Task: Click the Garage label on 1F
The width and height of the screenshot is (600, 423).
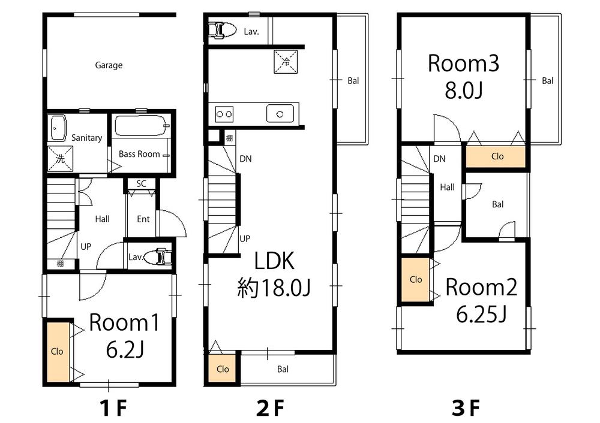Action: click(109, 65)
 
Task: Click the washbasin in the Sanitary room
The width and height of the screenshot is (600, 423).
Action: click(58, 126)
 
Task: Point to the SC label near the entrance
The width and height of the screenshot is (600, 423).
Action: click(142, 183)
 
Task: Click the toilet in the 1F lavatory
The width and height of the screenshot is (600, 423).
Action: click(161, 256)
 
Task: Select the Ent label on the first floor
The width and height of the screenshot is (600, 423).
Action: click(143, 219)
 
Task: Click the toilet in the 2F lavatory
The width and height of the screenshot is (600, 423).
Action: click(221, 31)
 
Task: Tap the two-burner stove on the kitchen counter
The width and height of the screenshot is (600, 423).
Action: click(224, 113)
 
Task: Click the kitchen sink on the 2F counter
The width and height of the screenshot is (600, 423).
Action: click(280, 113)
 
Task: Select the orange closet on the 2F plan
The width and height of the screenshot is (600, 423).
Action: click(223, 368)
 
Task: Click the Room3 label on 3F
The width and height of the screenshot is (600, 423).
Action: click(463, 64)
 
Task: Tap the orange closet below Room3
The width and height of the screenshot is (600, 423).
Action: click(497, 156)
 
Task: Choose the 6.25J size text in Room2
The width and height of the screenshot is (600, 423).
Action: click(481, 313)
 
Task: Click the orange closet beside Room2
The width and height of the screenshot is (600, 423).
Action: click(416, 280)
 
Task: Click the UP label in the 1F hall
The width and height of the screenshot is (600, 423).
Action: click(86, 246)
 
